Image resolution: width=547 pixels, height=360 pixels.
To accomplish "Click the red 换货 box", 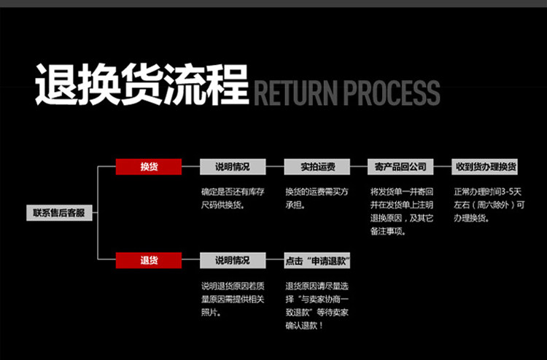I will [x=149, y=167].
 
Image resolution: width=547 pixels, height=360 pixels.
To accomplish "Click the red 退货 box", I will [x=149, y=260].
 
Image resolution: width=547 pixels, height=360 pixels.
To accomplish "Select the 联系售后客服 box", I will [x=59, y=213].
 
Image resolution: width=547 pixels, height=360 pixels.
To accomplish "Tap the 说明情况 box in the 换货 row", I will [x=232, y=167].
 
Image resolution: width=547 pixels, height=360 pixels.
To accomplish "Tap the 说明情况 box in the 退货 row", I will [x=232, y=260].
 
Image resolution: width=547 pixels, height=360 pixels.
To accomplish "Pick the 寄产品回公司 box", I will [x=400, y=167].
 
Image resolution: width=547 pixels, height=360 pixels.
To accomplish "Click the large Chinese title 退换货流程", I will [x=142, y=85].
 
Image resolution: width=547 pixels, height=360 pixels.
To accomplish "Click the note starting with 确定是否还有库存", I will [x=233, y=198].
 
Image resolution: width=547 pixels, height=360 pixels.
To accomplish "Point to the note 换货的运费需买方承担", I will [x=316, y=198].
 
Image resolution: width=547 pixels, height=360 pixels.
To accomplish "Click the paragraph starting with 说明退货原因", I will [x=233, y=298].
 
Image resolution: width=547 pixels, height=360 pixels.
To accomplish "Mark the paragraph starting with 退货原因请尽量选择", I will [x=317, y=305].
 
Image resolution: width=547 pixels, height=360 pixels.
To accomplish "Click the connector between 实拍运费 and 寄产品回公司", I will [x=357, y=167].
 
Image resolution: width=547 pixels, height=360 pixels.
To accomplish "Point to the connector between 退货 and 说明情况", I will [x=190, y=260].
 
